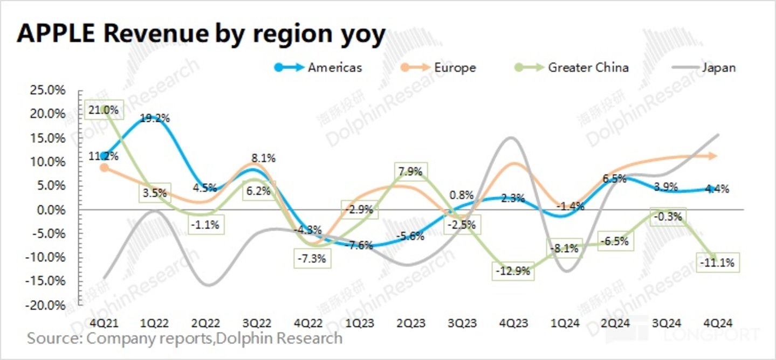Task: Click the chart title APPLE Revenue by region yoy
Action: click(x=201, y=33)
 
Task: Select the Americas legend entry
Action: click(x=334, y=68)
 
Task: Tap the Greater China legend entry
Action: click(x=588, y=68)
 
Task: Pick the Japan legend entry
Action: click(x=719, y=68)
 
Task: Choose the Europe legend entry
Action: click(x=455, y=68)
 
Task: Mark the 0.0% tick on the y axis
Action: click(x=51, y=210)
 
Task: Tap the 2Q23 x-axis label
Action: click(x=411, y=323)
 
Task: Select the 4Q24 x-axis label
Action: click(x=718, y=323)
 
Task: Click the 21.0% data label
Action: click(x=104, y=110)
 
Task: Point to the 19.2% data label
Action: click(x=155, y=119)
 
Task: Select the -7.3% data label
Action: click(x=311, y=258)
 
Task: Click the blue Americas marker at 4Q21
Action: click(x=105, y=156)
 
